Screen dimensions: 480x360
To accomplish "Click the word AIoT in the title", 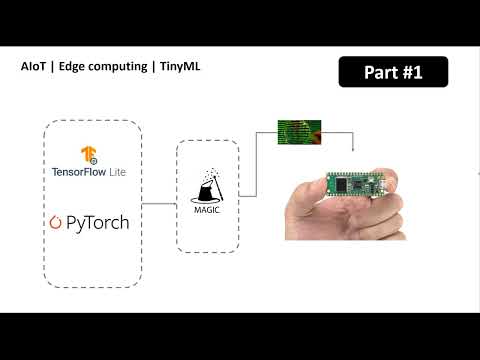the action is pos(34,67).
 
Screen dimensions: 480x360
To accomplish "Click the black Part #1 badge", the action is pos(393,73).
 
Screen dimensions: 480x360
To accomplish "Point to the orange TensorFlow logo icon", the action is pos(90,155).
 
